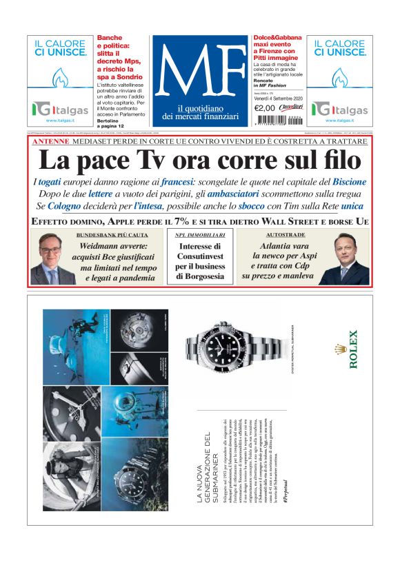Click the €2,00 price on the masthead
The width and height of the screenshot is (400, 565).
264,107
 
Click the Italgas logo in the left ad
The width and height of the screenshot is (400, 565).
59,109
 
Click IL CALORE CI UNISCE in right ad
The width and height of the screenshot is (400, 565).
341,48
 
